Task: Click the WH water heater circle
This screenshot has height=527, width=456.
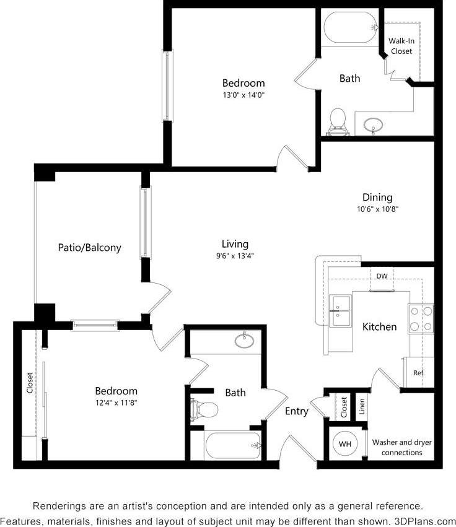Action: (x=345, y=443)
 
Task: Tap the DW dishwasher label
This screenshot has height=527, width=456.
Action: (x=382, y=276)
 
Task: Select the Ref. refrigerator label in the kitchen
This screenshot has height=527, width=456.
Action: (x=419, y=373)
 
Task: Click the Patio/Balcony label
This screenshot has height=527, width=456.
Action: (x=89, y=248)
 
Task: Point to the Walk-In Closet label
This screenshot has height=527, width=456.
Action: (x=401, y=46)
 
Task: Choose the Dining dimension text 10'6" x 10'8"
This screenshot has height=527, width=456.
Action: (x=377, y=209)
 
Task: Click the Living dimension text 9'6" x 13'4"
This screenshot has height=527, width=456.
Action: (x=235, y=255)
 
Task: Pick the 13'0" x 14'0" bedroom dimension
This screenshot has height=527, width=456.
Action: (x=243, y=95)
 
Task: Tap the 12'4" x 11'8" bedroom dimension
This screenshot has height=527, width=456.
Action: (x=116, y=403)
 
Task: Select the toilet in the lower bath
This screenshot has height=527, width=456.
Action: (x=204, y=409)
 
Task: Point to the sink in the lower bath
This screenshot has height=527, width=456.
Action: (x=245, y=339)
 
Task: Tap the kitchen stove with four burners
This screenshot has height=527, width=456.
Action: (x=421, y=319)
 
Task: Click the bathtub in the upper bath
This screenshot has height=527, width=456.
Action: (x=350, y=28)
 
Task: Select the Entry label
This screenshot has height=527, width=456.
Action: (x=296, y=411)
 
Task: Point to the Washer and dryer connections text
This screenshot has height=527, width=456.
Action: (x=401, y=447)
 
